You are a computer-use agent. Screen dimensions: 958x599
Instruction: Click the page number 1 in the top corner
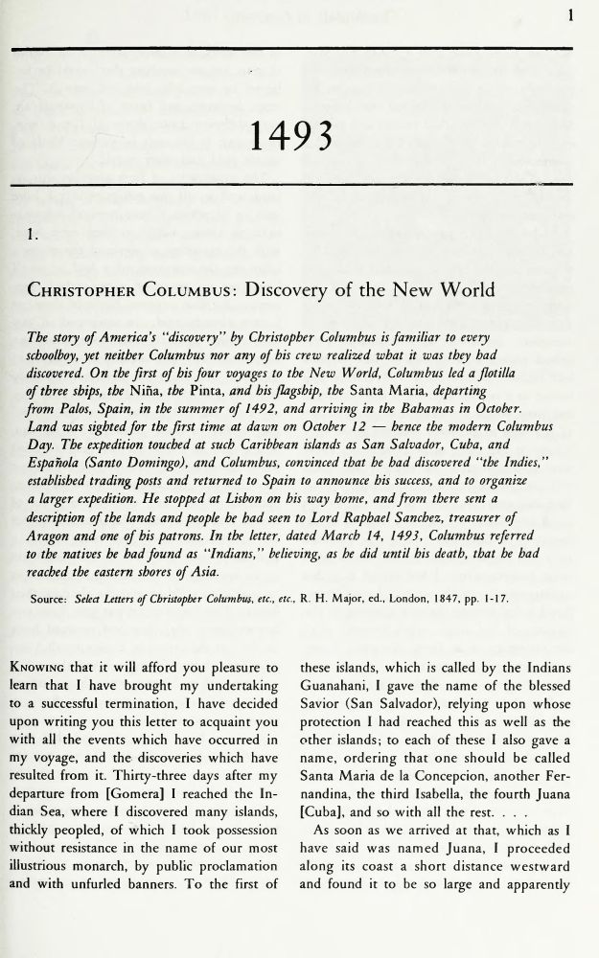pyautogui.click(x=570, y=14)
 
